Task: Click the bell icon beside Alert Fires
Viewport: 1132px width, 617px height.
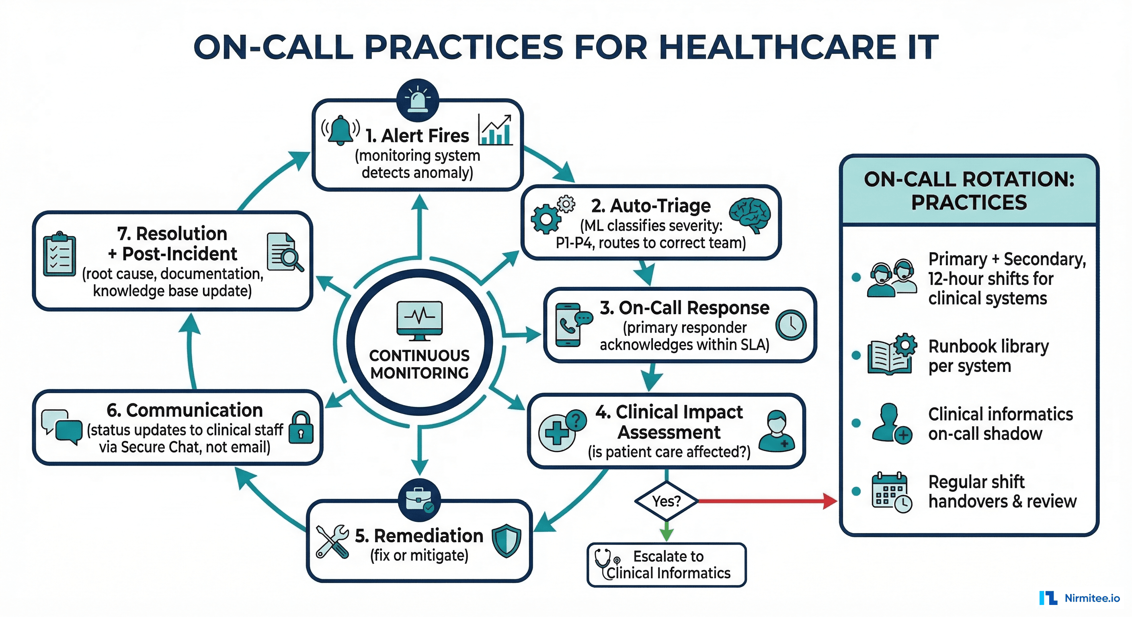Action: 340,131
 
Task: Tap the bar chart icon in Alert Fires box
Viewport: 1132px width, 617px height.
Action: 496,131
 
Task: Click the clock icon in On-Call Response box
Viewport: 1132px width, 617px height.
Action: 791,325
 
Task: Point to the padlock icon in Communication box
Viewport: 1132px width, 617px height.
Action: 301,428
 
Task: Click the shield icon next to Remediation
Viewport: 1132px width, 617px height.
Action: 506,541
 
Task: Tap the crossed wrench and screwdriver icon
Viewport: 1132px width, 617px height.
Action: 332,541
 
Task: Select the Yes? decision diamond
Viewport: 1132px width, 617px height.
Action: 666,501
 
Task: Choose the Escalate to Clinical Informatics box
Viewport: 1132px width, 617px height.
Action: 666,565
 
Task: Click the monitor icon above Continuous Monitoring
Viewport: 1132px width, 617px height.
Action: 419,320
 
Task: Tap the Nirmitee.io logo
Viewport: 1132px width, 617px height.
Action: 1079,598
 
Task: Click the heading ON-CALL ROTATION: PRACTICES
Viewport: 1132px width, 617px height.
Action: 968,190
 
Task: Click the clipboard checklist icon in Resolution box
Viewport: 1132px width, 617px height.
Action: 60,255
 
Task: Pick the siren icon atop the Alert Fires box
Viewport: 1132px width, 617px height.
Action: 418,100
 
